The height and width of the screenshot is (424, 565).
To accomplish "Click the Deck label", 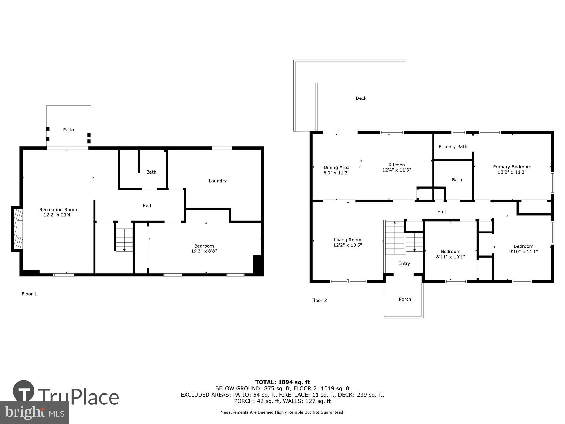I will (x=361, y=98).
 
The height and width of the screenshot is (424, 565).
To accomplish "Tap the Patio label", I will (x=68, y=130).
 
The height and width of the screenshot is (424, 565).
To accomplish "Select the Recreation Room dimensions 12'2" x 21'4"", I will (x=58, y=215).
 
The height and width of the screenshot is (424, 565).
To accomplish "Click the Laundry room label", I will (x=218, y=181).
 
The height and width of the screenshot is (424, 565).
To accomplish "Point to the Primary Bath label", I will (x=453, y=146).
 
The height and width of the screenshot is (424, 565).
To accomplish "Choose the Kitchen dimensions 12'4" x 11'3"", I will (x=396, y=170).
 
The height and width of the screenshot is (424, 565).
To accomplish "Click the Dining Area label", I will (x=336, y=168).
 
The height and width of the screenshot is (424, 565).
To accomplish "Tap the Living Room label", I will (x=347, y=240).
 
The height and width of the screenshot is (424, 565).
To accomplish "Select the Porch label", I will (x=405, y=299).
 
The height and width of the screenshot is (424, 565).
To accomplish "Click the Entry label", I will (x=404, y=263).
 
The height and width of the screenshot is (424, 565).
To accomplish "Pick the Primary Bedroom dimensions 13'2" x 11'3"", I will (x=512, y=172).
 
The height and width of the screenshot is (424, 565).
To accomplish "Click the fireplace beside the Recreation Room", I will (x=18, y=229).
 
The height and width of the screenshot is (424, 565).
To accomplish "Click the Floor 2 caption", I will (x=319, y=300).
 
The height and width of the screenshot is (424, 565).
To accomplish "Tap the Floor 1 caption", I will (x=29, y=294).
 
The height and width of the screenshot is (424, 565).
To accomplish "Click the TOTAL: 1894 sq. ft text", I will (x=282, y=382).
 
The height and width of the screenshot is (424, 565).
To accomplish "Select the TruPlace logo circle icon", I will (x=24, y=391).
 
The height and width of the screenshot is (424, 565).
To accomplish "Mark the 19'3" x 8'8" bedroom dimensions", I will (x=204, y=251).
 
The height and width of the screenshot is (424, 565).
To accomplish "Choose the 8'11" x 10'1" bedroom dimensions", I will (x=450, y=257).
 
